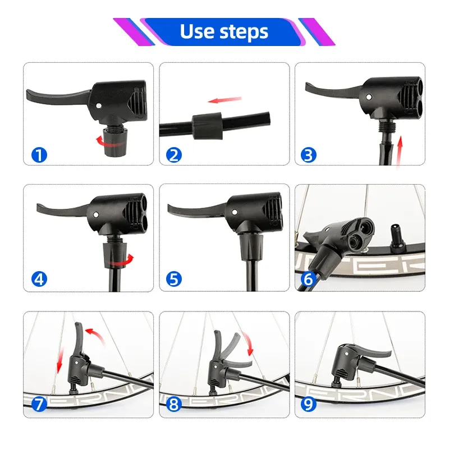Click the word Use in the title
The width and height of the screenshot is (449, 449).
(197, 32)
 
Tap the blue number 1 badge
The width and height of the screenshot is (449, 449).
(39, 154)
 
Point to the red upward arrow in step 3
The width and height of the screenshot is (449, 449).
(399, 150)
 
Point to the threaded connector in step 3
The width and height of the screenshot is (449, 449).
(384, 125)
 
